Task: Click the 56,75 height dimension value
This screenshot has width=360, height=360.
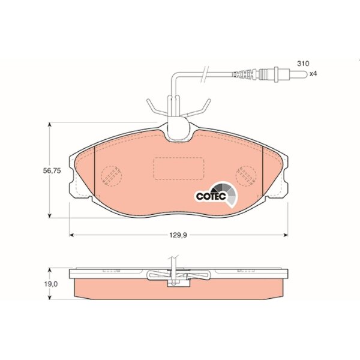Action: (x=52, y=170)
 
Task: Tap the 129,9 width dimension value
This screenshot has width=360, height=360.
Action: (x=178, y=235)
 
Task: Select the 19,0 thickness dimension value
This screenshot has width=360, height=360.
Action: (x=51, y=284)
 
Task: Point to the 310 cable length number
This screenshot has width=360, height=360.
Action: (x=303, y=64)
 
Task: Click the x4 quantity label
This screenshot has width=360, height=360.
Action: (x=313, y=74)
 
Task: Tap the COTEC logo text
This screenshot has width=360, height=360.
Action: (x=211, y=196)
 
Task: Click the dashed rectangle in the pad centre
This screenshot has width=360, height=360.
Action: (x=178, y=168)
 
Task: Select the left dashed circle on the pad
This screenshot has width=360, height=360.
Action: (x=112, y=176)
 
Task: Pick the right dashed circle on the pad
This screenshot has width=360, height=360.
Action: (x=246, y=176)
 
